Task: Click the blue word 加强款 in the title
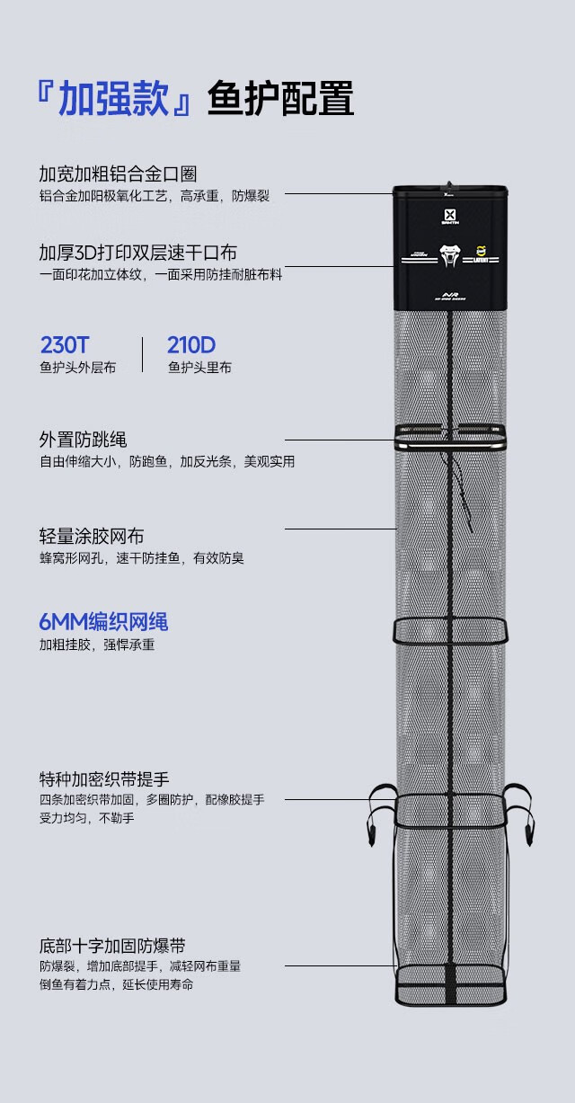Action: pyautogui.click(x=113, y=99)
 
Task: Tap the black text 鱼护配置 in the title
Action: pyautogui.click(x=280, y=99)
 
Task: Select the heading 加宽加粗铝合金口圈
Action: pyautogui.click(x=118, y=173)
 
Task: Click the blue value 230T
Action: pyautogui.click(x=65, y=345)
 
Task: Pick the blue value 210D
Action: pyautogui.click(x=191, y=345)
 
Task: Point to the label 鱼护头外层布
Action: pyautogui.click(x=77, y=368)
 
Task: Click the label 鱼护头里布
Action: pyautogui.click(x=199, y=368)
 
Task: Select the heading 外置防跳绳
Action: pyautogui.click(x=83, y=440)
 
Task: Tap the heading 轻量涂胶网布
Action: pyautogui.click(x=91, y=537)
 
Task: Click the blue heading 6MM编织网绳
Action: pyautogui.click(x=103, y=622)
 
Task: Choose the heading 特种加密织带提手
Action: pyautogui.click(x=104, y=778)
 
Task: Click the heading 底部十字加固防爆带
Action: pyautogui.click(x=112, y=946)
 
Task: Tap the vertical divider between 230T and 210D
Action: pyautogui.click(x=142, y=354)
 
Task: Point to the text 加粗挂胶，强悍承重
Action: pyautogui.click(x=97, y=645)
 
